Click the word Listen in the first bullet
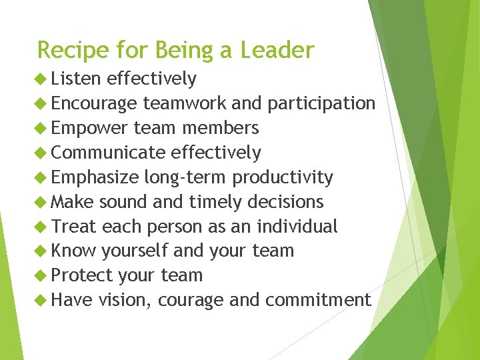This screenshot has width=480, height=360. tap(75, 79)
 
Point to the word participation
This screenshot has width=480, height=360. tap(321, 103)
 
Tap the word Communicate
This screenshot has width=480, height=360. tap(108, 153)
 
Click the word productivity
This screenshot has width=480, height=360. tap(283, 177)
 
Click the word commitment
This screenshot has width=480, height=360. tap(318, 300)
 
